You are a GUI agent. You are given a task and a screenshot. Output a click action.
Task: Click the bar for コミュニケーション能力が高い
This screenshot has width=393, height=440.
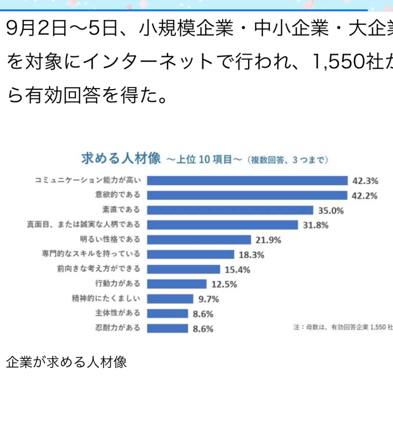[x=247, y=180]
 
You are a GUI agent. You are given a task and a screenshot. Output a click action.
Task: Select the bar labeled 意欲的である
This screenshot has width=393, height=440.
[x=247, y=195]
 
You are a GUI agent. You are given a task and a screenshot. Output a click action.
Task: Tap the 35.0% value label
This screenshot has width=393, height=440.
[x=330, y=210]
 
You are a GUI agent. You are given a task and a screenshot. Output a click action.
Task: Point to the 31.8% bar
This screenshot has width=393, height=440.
[x=222, y=225]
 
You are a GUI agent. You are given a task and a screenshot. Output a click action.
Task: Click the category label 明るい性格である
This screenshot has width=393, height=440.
[x=110, y=239]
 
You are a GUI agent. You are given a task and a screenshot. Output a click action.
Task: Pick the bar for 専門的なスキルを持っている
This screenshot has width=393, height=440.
[x=190, y=255]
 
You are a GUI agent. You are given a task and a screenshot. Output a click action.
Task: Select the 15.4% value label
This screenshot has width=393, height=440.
[x=237, y=270]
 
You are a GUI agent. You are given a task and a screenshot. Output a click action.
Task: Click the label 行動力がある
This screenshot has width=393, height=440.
[x=118, y=284]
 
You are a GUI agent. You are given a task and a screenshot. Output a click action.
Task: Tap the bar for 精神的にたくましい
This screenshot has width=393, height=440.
[x=170, y=299]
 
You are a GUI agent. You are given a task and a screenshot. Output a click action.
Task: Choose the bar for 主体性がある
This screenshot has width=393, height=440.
[x=167, y=314]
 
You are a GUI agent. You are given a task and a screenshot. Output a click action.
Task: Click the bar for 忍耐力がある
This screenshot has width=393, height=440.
[x=167, y=328]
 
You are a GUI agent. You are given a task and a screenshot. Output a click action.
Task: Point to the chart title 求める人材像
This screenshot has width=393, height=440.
[x=121, y=158]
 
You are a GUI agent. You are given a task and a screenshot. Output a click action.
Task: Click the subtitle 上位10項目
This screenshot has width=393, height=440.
[x=204, y=160]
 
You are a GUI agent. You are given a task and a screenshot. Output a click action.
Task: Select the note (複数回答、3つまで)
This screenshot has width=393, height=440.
[x=288, y=160]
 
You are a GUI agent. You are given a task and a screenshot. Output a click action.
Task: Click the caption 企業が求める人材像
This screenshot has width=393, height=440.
[x=66, y=362]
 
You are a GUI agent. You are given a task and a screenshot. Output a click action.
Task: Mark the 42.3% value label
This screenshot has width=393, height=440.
[x=365, y=181]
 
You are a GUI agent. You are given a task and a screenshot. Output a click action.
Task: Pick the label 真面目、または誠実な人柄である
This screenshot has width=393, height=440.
[x=83, y=225]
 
